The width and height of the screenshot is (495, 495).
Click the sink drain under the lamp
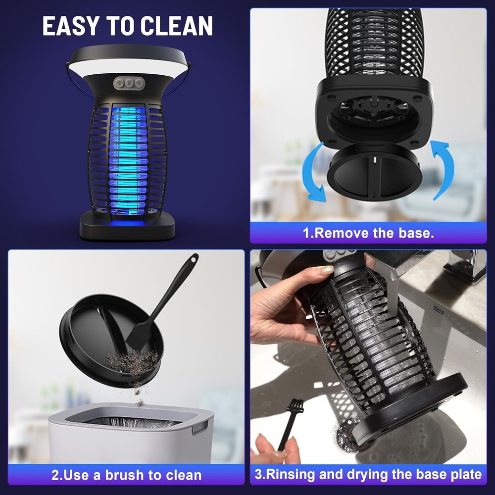(346, 436)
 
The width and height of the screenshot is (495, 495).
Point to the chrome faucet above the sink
(463, 265)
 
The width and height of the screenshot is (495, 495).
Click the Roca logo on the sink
(438, 309)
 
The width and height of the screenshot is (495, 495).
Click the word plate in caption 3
(463, 475)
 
